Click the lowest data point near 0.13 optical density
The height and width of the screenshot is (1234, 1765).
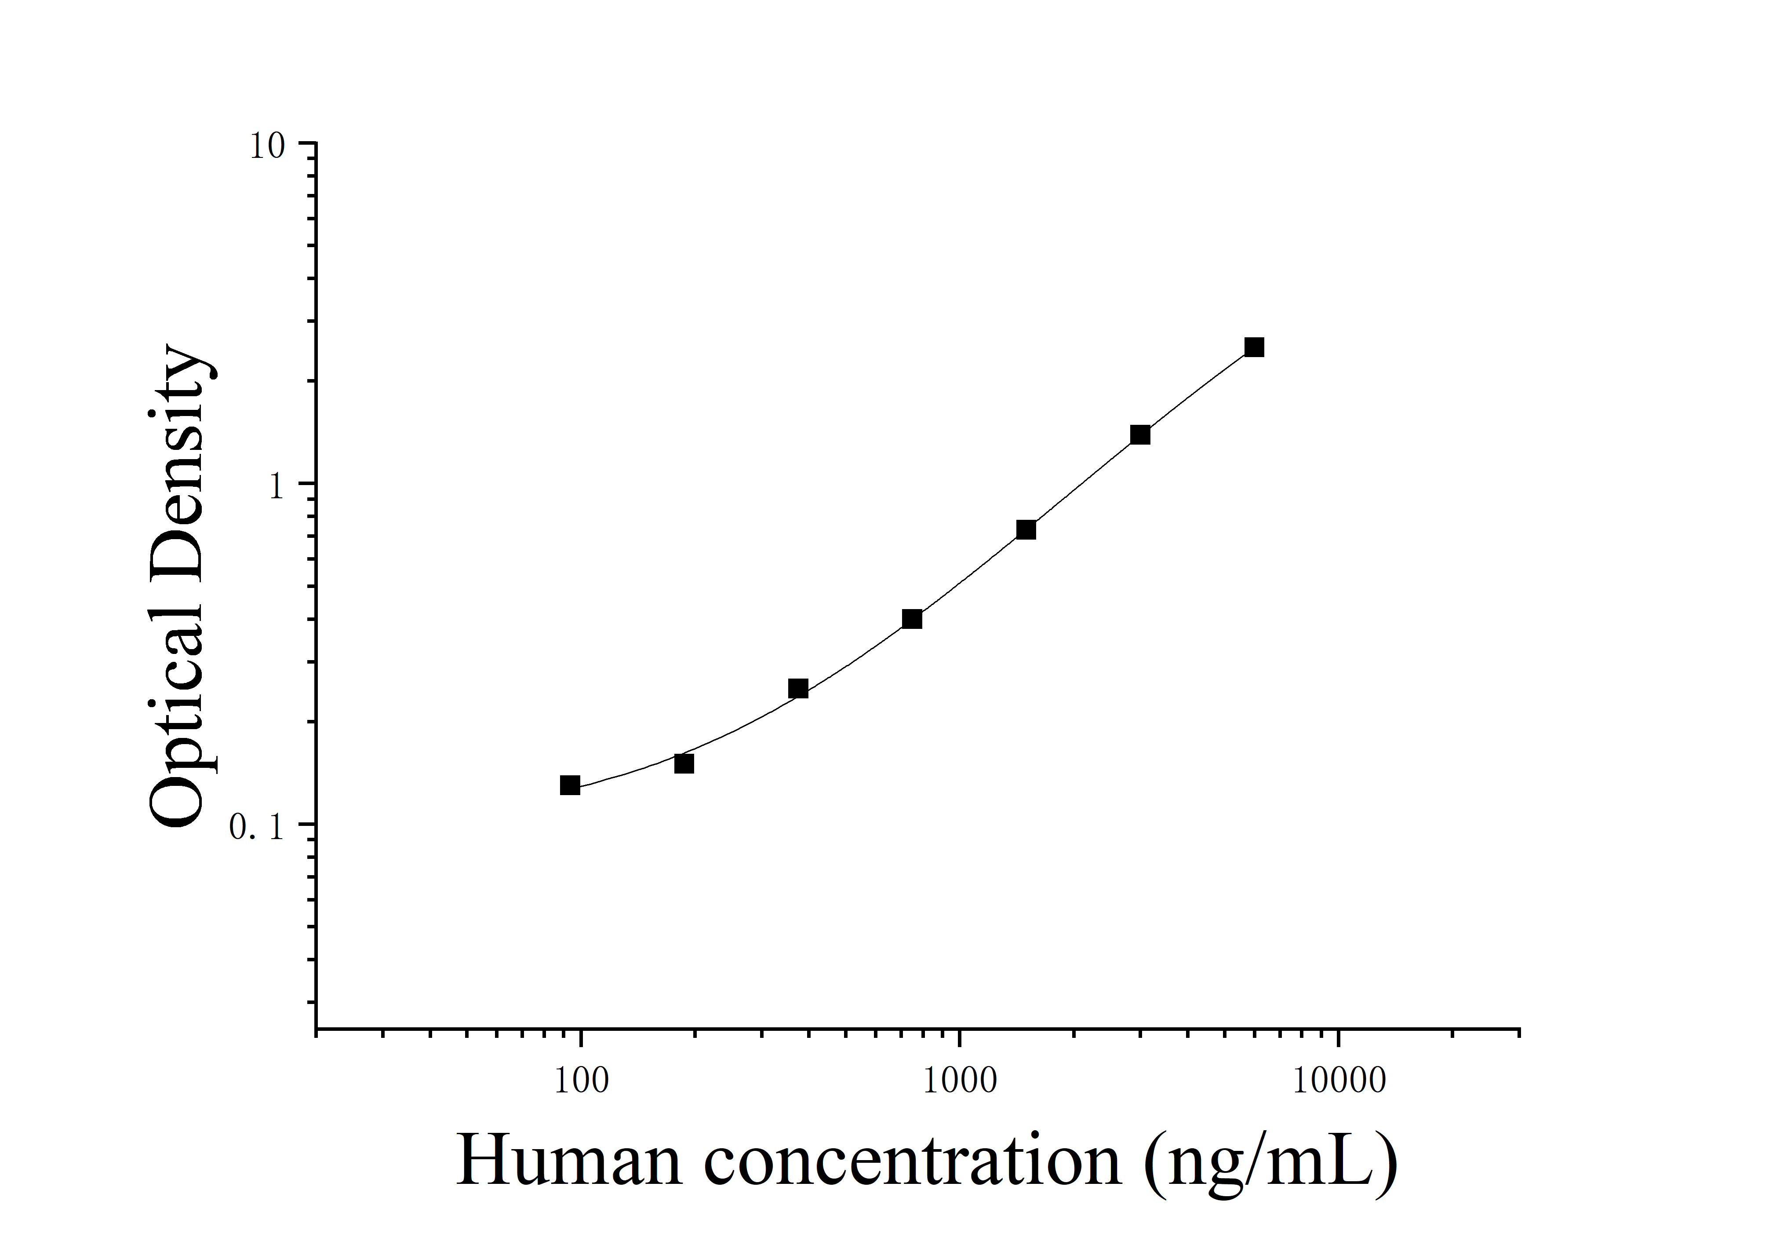point(570,785)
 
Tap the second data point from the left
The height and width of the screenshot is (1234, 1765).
point(684,763)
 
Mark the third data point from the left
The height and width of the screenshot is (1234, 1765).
point(798,689)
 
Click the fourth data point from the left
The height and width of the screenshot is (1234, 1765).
point(912,619)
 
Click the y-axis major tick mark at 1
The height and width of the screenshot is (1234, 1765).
point(307,484)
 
